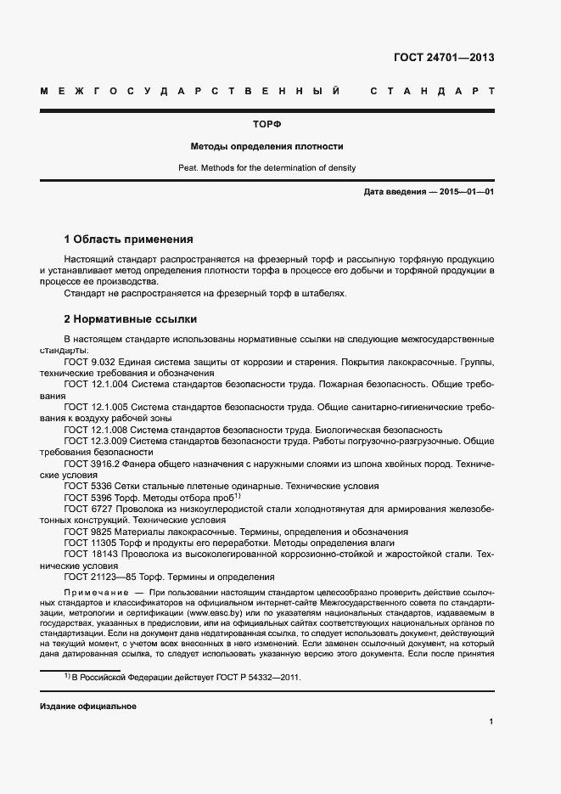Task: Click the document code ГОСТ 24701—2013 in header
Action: [444, 58]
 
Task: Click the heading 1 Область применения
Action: [129, 239]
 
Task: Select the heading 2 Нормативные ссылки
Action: [131, 319]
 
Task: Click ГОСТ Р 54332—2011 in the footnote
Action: [259, 678]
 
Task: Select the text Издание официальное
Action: [87, 707]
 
